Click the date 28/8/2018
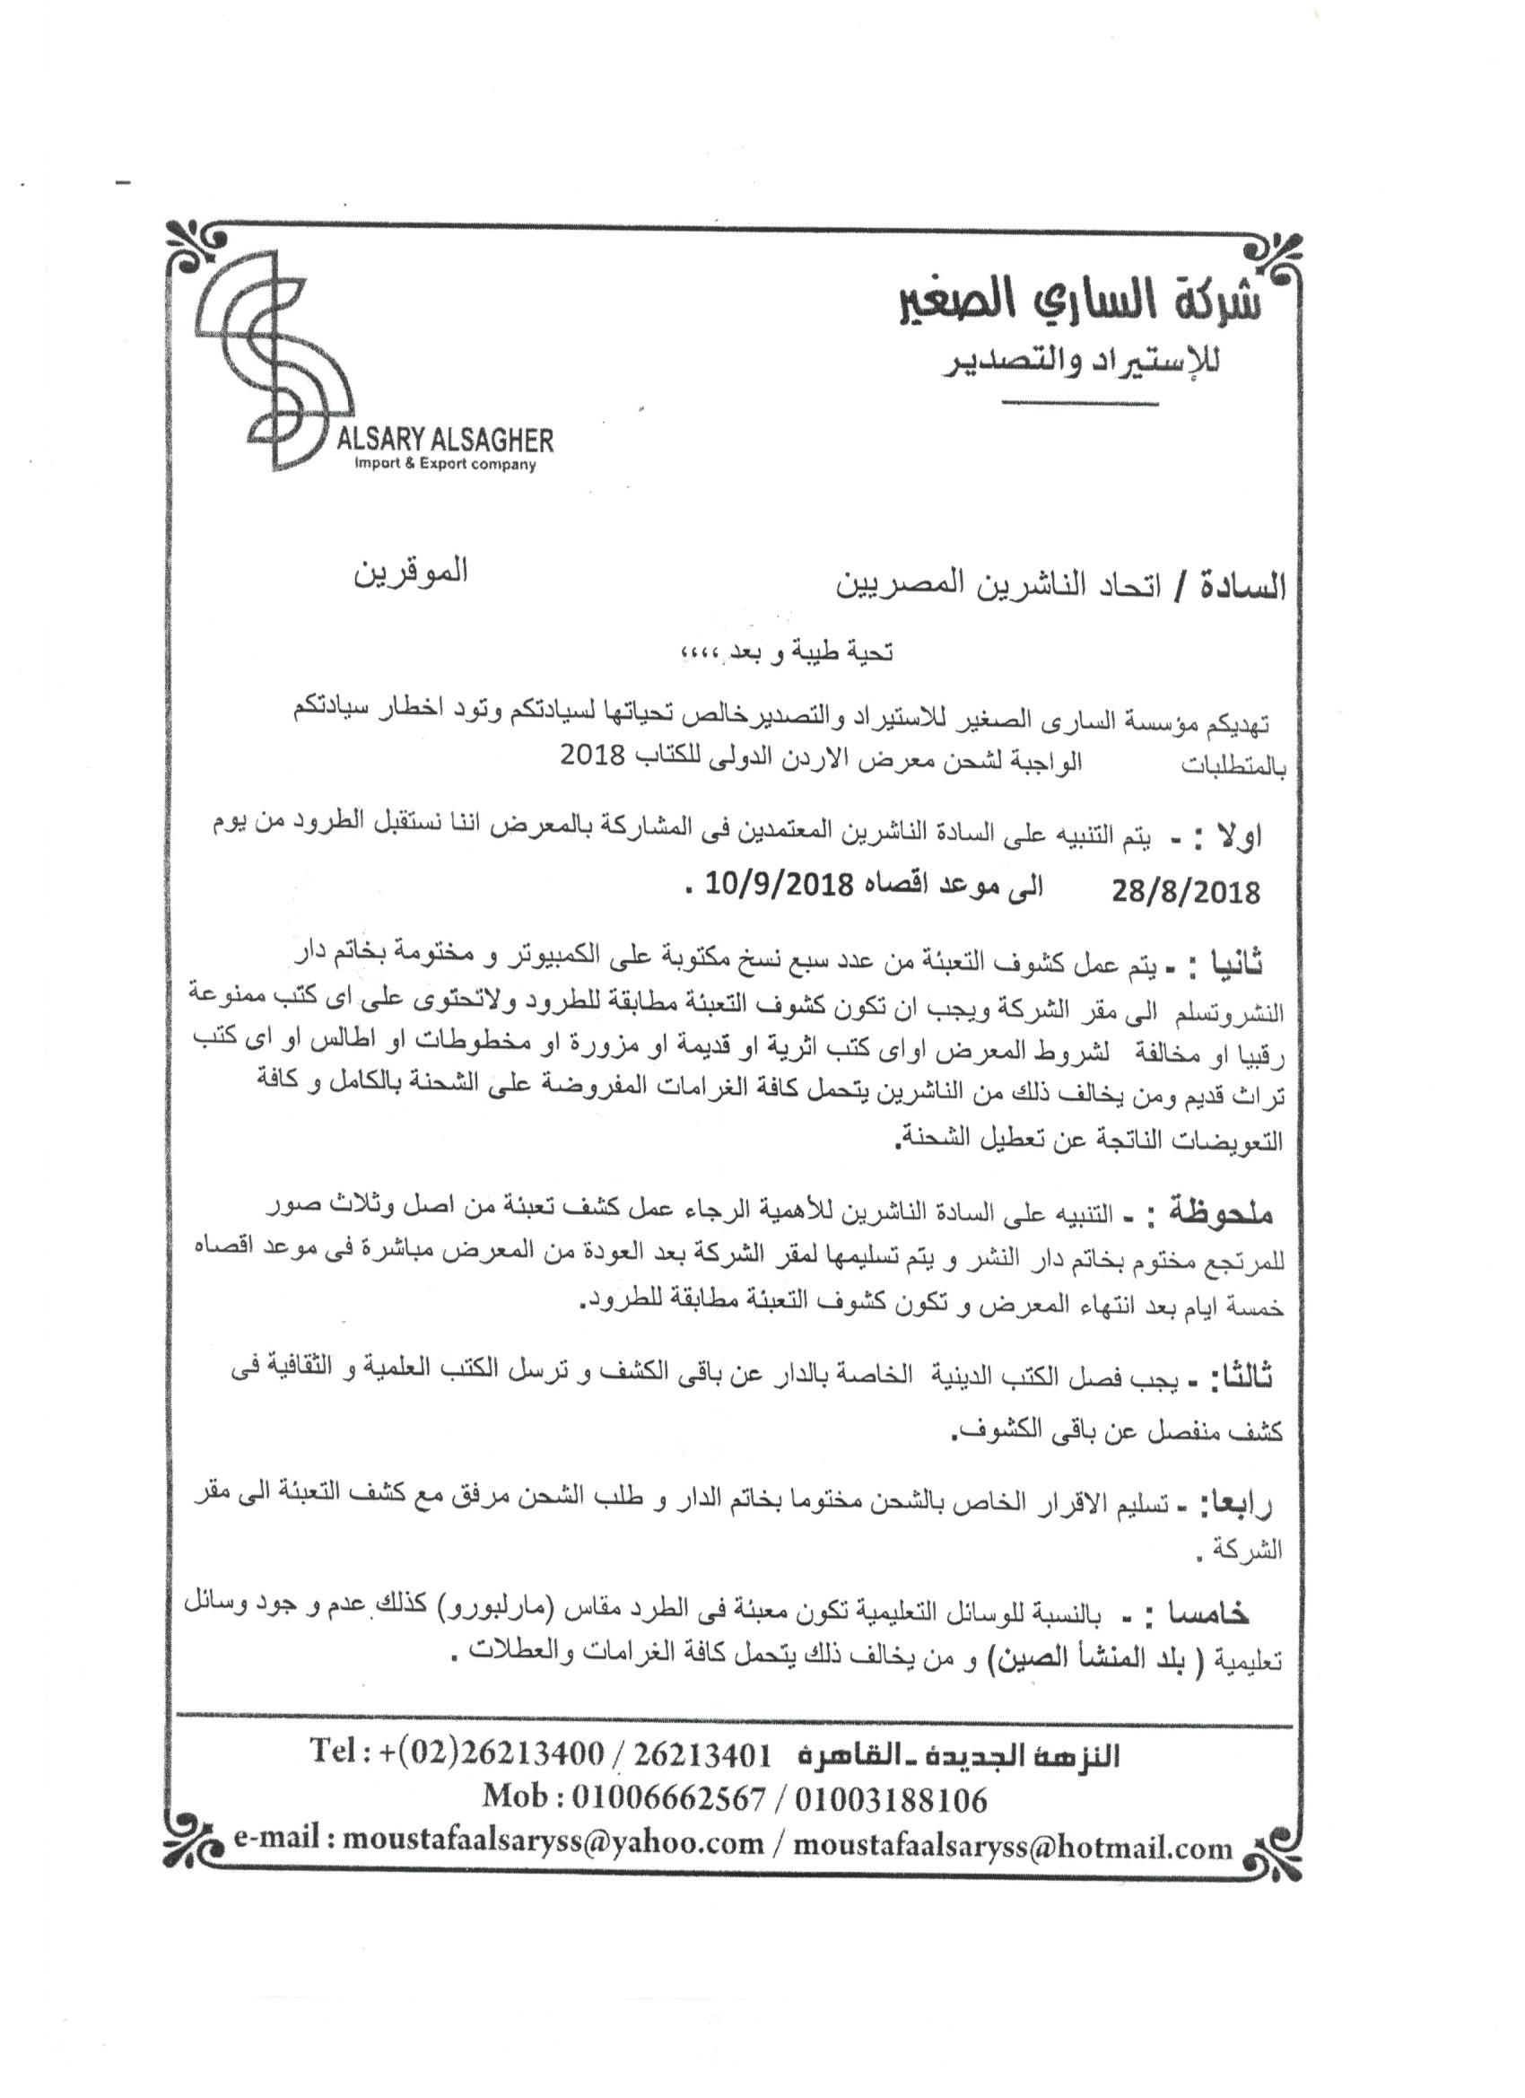pyautogui.click(x=1187, y=892)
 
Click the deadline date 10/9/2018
pyautogui.click(x=779, y=886)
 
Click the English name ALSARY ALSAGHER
pyautogui.click(x=445, y=440)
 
